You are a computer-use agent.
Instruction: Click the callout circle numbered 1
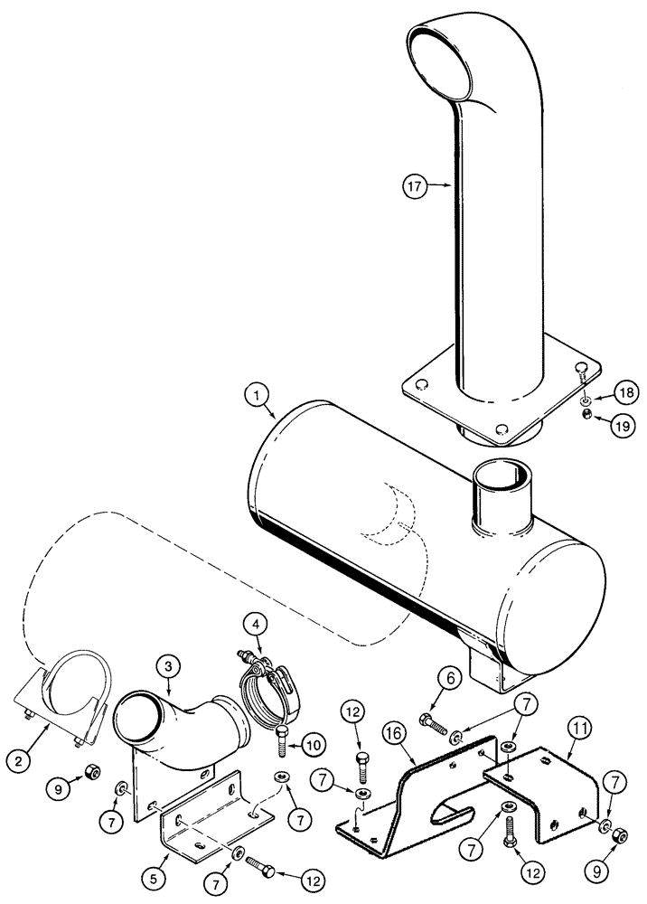pyautogui.click(x=258, y=395)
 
